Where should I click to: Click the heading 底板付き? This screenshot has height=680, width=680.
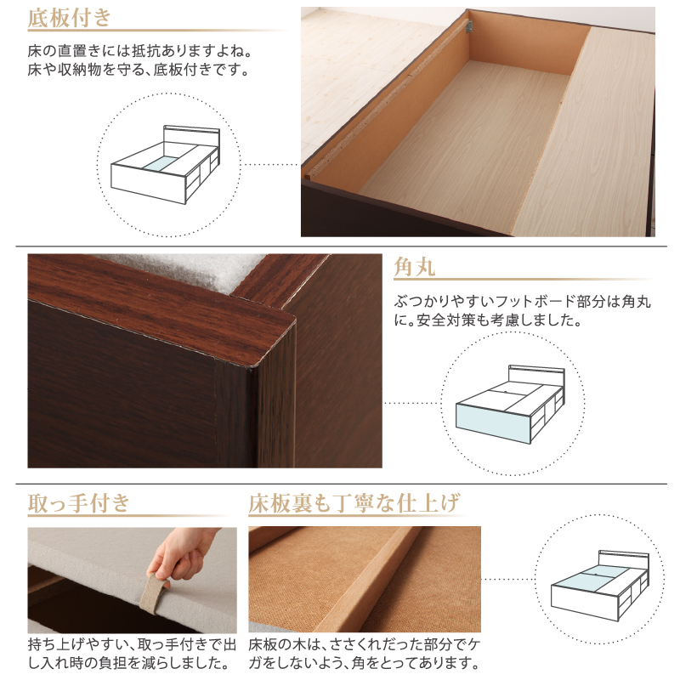click(x=70, y=18)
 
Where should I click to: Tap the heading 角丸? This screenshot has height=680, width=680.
click(x=414, y=266)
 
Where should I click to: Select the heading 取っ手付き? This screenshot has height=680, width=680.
click(x=79, y=503)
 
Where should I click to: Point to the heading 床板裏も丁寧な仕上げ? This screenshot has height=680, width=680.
click(x=354, y=503)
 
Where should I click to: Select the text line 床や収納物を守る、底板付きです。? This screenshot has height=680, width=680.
click(x=139, y=70)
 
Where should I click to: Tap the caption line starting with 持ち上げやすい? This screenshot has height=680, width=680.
click(x=132, y=644)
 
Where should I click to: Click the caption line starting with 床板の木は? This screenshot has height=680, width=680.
click(x=365, y=644)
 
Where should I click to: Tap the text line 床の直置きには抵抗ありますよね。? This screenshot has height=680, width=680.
click(x=140, y=51)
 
